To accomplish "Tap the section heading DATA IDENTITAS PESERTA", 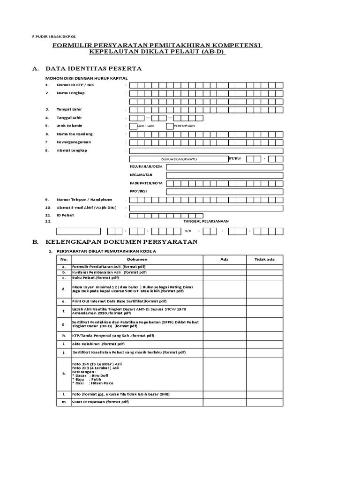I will [93, 68].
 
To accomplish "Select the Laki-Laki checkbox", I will [133, 126].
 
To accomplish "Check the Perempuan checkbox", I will [170, 126].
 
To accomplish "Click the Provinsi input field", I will [224, 192].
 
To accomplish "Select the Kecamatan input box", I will [224, 175].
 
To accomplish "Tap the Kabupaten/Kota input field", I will [224, 183].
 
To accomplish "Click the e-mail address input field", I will [206, 208].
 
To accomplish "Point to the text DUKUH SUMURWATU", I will [179, 159].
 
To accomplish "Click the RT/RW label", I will [235, 158].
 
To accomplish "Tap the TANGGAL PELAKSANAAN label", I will [202, 221].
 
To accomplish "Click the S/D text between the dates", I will [188, 231].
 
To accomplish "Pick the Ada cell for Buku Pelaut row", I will [224, 278].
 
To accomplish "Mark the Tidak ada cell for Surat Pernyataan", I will [264, 402].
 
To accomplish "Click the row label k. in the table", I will [64, 374].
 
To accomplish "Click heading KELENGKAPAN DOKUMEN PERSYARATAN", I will [121, 242].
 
